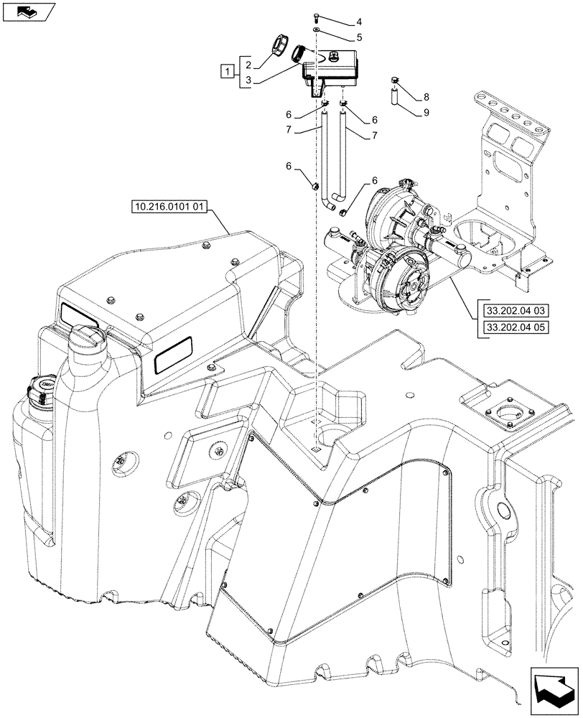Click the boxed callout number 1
228,70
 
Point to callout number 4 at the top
359,22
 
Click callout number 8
426,96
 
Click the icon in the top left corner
26,11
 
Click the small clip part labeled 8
394,80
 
